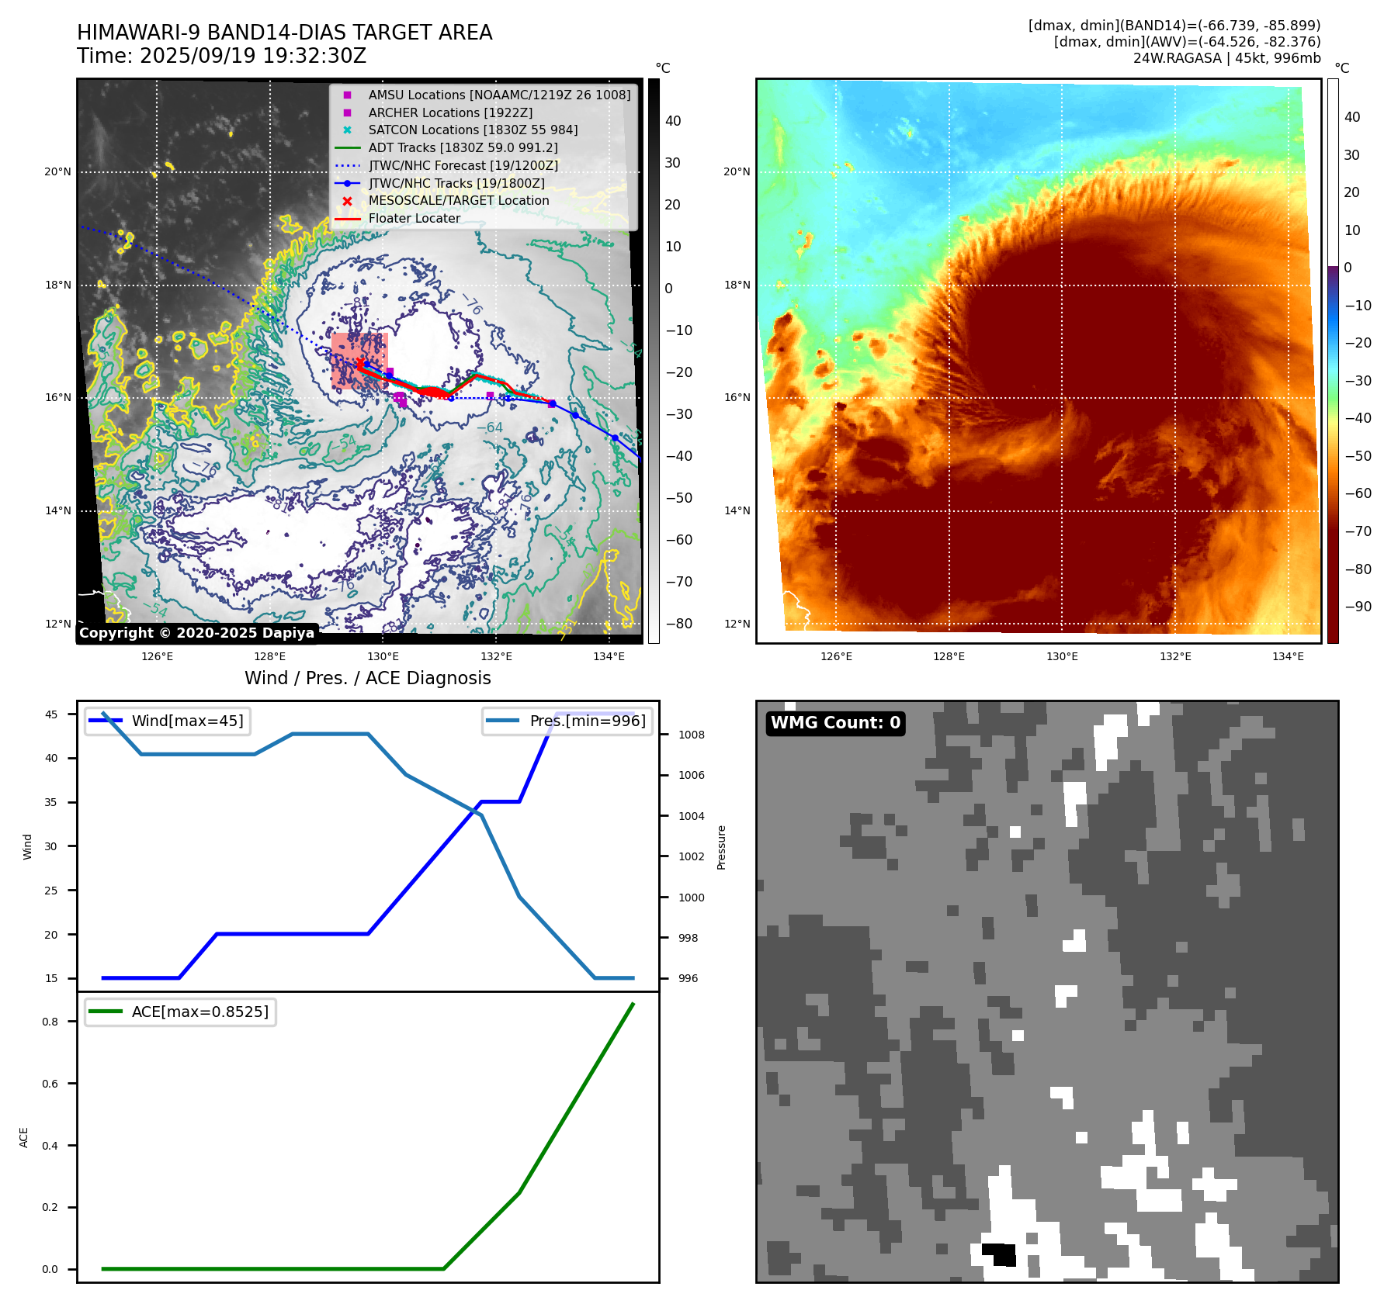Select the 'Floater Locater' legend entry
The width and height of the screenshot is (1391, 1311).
414,219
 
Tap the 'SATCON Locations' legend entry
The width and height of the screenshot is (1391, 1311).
473,130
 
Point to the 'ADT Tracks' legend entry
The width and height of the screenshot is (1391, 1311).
463,147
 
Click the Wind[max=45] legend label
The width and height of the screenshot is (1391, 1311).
187,721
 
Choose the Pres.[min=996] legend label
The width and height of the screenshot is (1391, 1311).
587,721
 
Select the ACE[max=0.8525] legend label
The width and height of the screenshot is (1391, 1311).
199,1012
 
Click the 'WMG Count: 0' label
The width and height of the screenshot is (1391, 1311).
835,723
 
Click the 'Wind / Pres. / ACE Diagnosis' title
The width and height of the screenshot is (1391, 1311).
368,678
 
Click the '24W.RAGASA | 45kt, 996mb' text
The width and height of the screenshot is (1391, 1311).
1226,58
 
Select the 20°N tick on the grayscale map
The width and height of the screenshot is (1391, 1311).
58,172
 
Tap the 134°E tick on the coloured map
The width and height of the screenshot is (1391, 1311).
1288,656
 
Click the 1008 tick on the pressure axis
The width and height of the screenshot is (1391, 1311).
691,735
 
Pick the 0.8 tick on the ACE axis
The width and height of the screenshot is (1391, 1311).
50,1022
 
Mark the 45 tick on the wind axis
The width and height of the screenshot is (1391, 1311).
51,714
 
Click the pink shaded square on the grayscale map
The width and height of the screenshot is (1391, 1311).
359,361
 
